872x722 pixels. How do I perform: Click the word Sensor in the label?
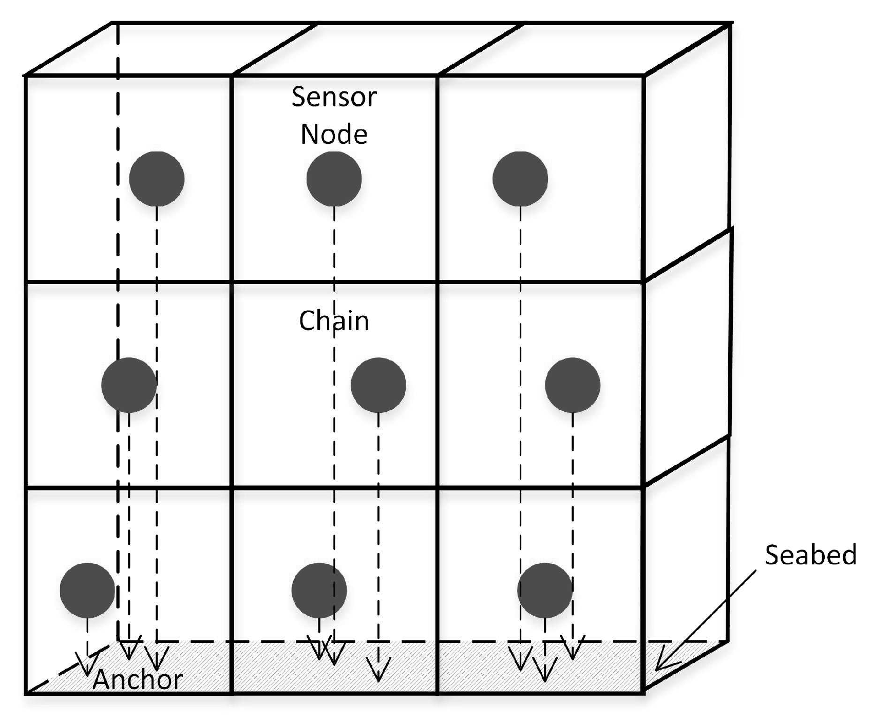334,97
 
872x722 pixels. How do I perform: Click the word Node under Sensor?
334,134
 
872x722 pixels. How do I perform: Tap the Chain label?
334,321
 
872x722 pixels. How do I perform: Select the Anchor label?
138,679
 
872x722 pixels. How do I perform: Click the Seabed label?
810,555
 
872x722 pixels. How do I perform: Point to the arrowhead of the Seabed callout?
659,667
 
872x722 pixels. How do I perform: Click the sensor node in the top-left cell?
157,179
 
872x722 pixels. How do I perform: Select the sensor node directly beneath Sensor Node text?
334,179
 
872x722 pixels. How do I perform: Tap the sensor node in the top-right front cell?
520,179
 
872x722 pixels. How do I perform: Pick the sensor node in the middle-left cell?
129,385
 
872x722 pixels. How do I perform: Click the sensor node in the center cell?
378,385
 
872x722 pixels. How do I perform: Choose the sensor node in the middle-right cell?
573,385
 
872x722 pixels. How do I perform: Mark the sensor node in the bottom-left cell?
87,591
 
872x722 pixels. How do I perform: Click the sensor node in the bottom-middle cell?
319,591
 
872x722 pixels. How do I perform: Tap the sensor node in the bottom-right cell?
545,591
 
